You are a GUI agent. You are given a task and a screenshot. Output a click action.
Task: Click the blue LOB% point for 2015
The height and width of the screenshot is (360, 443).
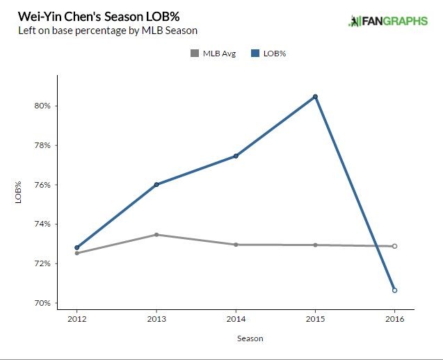coord(315,97)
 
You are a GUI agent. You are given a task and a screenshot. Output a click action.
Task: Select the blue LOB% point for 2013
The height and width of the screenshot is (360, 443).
coord(156,184)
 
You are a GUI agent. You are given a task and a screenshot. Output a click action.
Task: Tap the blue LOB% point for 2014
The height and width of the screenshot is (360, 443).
coord(236,156)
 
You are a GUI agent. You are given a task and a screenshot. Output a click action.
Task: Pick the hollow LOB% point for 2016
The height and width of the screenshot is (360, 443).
coord(394,290)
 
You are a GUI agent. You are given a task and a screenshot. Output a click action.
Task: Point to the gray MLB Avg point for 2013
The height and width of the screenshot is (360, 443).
coord(156,235)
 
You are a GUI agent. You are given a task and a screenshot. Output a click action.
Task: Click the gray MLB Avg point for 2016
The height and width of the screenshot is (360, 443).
coord(394,246)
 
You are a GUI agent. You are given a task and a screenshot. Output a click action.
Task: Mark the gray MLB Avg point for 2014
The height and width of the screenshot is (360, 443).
coord(236,245)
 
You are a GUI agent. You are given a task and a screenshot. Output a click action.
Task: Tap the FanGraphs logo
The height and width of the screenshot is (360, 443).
coord(387,21)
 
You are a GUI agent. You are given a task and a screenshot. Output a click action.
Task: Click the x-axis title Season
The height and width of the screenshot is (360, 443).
coord(236,338)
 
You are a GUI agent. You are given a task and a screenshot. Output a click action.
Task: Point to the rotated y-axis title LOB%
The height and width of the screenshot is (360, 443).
coord(17,193)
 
